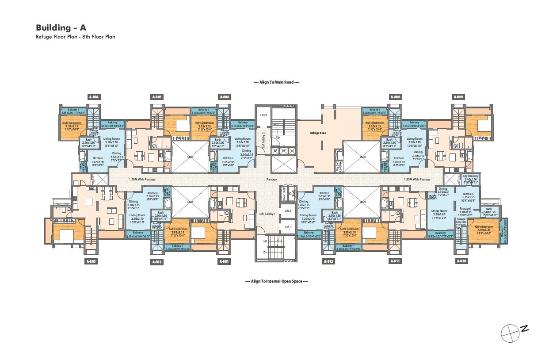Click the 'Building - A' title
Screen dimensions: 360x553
point(61,27)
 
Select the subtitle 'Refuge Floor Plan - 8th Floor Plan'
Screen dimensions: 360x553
point(75,37)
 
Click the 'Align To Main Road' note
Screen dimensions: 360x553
point(276,82)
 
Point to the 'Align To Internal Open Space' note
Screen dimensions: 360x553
point(276,281)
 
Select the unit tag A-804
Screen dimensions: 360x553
point(94,96)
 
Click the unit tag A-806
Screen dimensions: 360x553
point(225,96)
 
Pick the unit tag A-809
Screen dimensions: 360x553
point(458,96)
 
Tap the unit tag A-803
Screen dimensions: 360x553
point(91,261)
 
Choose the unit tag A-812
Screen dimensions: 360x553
point(328,261)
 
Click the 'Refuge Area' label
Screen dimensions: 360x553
point(317,132)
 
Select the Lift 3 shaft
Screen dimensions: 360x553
point(263,115)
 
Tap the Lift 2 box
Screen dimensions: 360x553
point(288,211)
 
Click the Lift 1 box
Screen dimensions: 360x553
point(288,227)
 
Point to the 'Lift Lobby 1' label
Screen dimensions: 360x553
point(267,214)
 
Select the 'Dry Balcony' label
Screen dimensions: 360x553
point(470,176)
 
